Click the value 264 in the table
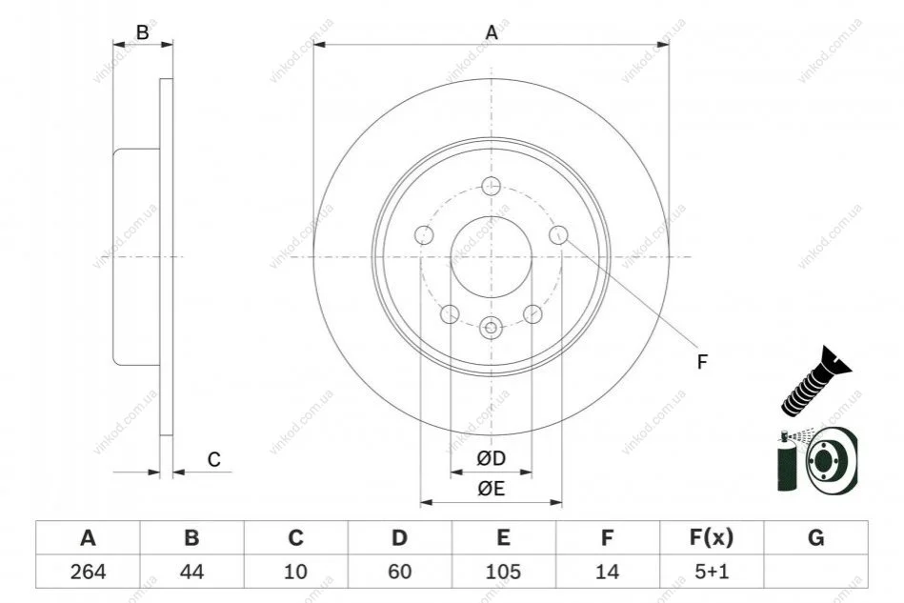click(x=89, y=572)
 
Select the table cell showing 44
click(x=192, y=572)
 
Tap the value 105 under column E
click(x=503, y=572)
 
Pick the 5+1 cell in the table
click(x=712, y=572)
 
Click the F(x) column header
click(x=712, y=537)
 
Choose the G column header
click(x=815, y=537)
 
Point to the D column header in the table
click(x=399, y=537)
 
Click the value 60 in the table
click(x=399, y=572)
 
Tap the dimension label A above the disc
click(x=492, y=32)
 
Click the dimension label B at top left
click(x=142, y=32)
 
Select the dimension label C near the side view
click(x=214, y=459)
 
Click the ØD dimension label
click(x=492, y=458)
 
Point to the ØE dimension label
click(x=492, y=489)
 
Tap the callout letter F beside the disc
click(x=702, y=362)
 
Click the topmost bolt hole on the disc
click(x=492, y=186)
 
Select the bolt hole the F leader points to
click(x=558, y=234)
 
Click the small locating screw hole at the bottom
click(x=492, y=328)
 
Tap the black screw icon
click(x=815, y=382)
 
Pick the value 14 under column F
click(x=607, y=572)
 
